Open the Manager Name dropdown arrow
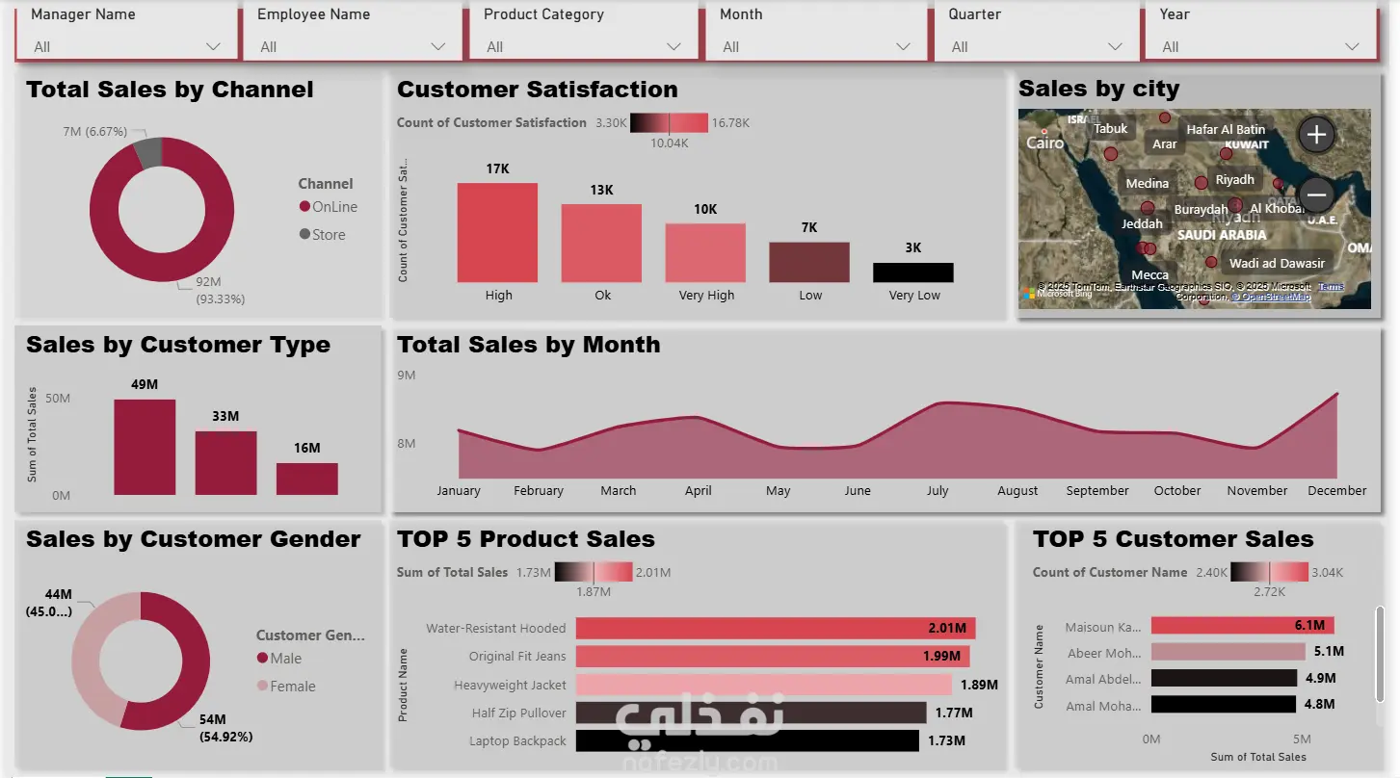tap(213, 47)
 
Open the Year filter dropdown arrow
tap(1352, 47)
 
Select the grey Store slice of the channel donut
tap(147, 152)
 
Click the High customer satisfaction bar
tap(497, 232)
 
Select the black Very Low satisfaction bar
tap(912, 272)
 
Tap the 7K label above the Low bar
tap(809, 228)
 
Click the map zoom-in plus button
tap(1316, 135)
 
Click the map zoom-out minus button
tap(1316, 195)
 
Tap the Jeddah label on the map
tap(1142, 224)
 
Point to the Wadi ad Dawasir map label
tap(1277, 264)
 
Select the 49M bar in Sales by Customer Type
tap(145, 447)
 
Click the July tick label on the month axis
tap(938, 491)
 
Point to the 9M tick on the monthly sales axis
tap(406, 376)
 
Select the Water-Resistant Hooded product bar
tap(775, 629)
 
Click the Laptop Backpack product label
tap(517, 741)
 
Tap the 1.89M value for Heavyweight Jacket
tap(979, 686)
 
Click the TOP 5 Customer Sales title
tap(1173, 539)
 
